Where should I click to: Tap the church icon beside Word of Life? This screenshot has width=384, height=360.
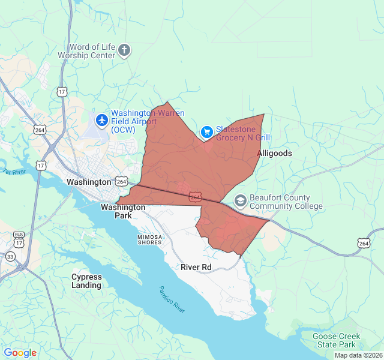124,50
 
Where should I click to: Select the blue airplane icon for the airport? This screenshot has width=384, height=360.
101,120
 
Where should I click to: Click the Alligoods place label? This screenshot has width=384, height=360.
275,153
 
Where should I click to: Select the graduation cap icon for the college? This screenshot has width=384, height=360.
240,200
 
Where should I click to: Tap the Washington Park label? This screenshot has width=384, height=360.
123,211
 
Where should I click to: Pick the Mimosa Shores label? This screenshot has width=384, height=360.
149,239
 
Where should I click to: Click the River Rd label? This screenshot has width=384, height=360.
196,267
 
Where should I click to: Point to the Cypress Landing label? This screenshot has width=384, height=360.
86,281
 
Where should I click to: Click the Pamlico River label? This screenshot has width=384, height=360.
172,298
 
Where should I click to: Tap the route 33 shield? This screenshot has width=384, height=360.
11,256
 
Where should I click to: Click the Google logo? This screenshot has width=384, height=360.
20,353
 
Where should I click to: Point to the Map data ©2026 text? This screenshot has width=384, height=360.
358,355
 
